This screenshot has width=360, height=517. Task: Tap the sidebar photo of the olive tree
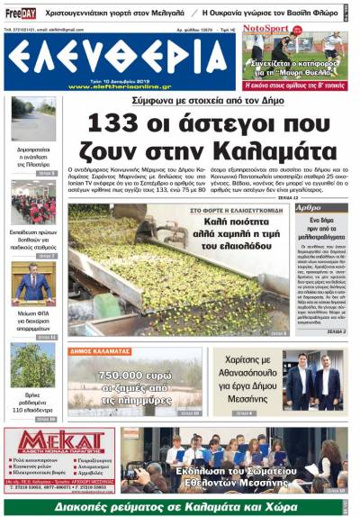[x=33, y=366]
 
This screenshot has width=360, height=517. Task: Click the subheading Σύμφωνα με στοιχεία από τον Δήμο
[x=180, y=100]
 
